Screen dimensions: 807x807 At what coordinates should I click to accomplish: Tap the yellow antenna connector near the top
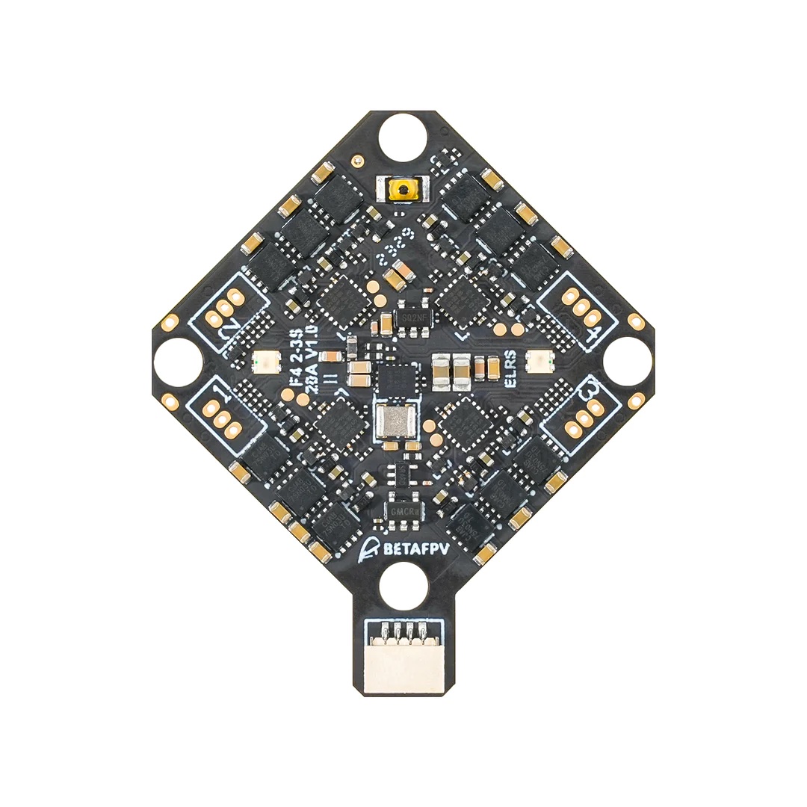[403, 189]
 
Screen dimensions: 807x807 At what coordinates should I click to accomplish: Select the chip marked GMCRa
[403, 510]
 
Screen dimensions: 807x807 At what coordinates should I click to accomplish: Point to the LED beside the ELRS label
[536, 362]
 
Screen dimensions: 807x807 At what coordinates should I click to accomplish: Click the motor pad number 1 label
[219, 391]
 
